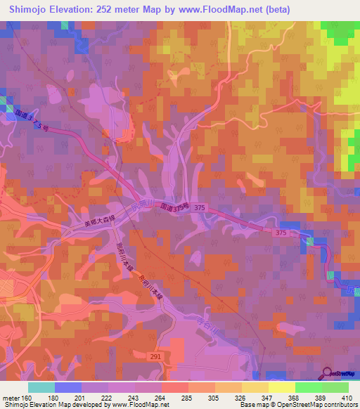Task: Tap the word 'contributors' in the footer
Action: [339, 405]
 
